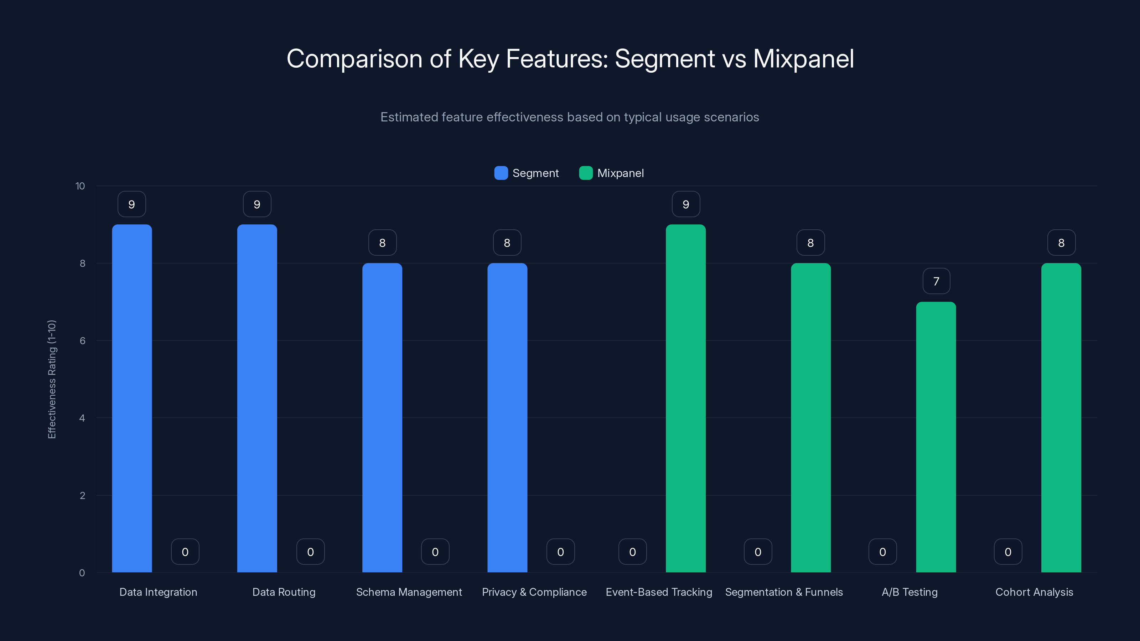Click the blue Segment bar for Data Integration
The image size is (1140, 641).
[132, 398]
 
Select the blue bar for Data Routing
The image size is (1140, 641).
[257, 398]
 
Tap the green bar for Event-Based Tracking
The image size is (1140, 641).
[685, 398]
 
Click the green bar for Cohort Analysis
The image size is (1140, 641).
[1061, 418]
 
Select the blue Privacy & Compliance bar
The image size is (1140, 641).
[507, 418]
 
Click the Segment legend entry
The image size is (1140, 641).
[527, 173]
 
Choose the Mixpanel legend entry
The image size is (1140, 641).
[612, 173]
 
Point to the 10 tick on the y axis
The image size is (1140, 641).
[80, 186]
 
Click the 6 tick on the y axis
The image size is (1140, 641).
[82, 341]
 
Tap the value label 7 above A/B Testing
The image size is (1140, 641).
[936, 281]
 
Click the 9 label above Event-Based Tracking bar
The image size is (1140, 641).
[685, 204]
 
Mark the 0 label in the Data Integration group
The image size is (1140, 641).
[185, 552]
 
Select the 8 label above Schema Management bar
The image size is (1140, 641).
[382, 243]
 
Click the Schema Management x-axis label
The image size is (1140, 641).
[409, 592]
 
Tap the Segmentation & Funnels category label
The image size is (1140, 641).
[784, 592]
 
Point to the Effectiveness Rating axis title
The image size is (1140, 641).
[52, 379]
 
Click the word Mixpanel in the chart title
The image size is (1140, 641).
[803, 58]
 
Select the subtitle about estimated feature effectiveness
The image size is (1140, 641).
[570, 117]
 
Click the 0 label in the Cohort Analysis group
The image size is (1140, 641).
[1008, 552]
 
